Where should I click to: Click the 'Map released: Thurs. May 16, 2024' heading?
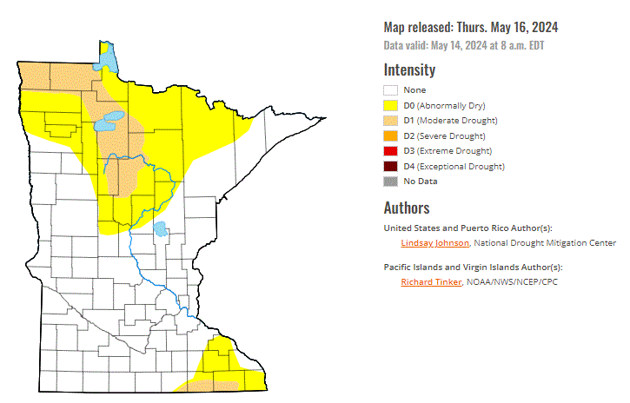(470, 27)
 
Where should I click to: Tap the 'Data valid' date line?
(465, 45)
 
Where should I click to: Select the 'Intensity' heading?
(409, 70)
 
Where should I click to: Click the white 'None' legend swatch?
(391, 89)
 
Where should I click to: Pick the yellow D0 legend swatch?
(391, 105)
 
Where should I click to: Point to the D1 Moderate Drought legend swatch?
(391, 120)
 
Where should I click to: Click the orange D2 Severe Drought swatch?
(391, 135)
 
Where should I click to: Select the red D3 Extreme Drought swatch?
(391, 150)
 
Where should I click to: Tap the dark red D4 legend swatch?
(391, 166)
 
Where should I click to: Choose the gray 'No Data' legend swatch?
(391, 181)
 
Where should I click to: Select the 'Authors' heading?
(407, 208)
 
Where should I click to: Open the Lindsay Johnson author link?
(434, 243)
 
